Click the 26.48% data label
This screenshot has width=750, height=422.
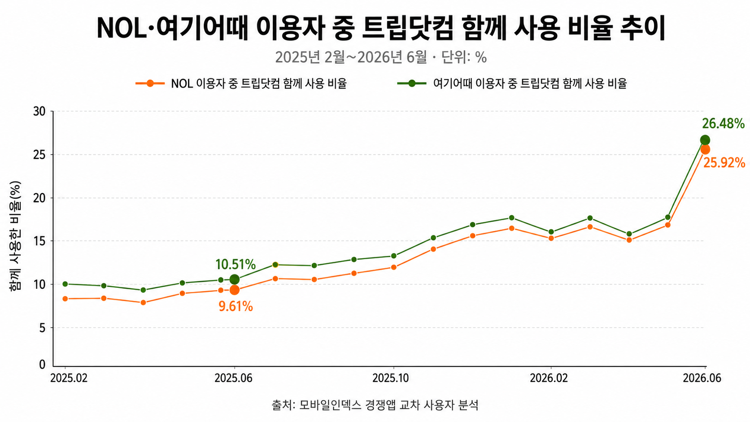coord(723,124)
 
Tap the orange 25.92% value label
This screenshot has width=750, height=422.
coord(724,163)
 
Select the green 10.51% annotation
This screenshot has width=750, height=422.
coord(235,265)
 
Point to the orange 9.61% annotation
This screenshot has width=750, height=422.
coord(235,307)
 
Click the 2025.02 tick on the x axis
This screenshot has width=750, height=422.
coord(69,378)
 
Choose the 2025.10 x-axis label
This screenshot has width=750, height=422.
coord(391,378)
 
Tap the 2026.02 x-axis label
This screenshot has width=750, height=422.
coord(549,378)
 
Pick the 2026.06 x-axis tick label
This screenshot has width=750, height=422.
coord(702,378)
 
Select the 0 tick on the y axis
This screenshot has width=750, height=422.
coord(42,365)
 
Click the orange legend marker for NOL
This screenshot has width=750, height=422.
coord(150,83)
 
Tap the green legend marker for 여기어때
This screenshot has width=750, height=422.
coord(412,83)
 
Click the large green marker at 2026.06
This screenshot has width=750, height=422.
coord(705,140)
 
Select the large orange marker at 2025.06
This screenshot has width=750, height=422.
coord(234,290)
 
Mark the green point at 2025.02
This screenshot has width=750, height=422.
coord(65,284)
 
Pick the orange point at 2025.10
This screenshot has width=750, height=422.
coord(394,267)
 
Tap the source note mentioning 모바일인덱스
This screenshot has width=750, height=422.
coord(375,405)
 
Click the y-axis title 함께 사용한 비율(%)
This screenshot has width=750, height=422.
coord(15,235)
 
